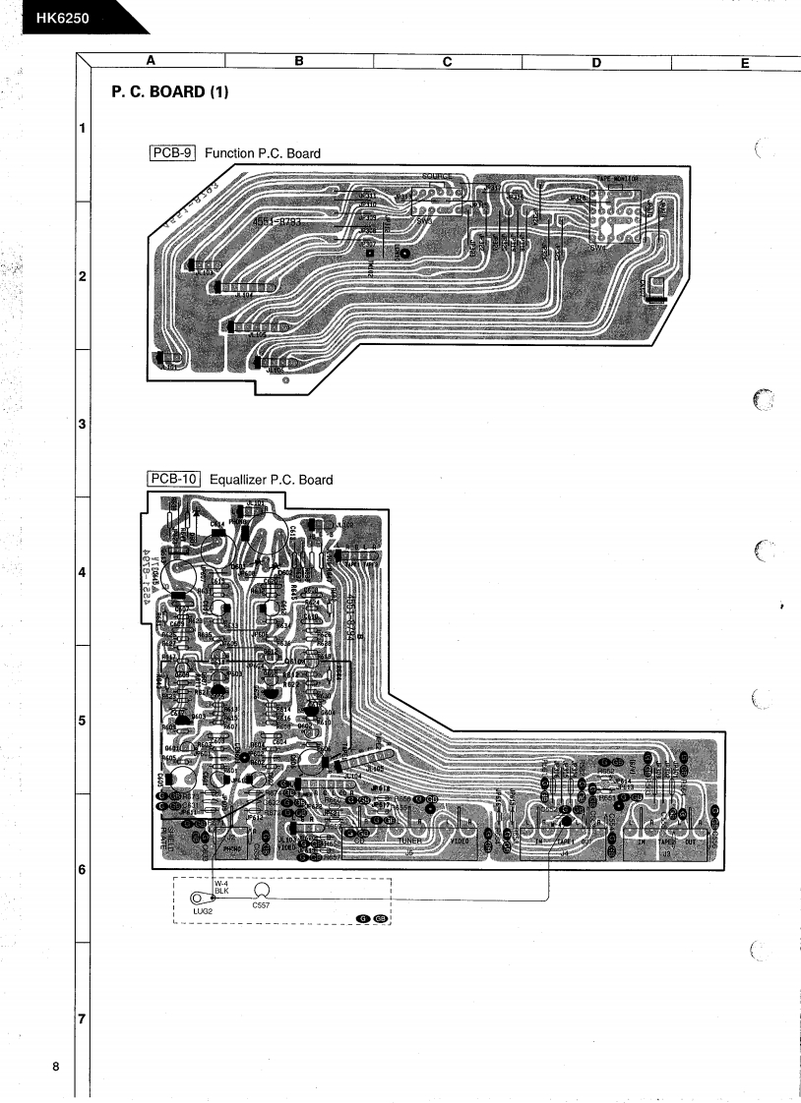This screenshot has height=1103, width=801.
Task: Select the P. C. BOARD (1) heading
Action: [171, 91]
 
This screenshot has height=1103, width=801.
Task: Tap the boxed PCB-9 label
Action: [173, 153]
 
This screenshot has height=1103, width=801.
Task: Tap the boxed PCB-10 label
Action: [175, 480]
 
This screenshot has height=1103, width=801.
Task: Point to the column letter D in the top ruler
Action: [596, 62]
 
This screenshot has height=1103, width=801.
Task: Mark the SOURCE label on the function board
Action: [437, 177]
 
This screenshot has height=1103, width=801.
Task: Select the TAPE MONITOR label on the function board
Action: [618, 179]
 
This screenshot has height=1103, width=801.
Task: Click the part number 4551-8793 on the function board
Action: [277, 223]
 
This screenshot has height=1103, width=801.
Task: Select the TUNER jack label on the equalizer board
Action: [410, 842]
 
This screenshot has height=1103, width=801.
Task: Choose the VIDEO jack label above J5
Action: [460, 842]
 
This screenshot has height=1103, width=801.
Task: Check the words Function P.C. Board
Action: [262, 153]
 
